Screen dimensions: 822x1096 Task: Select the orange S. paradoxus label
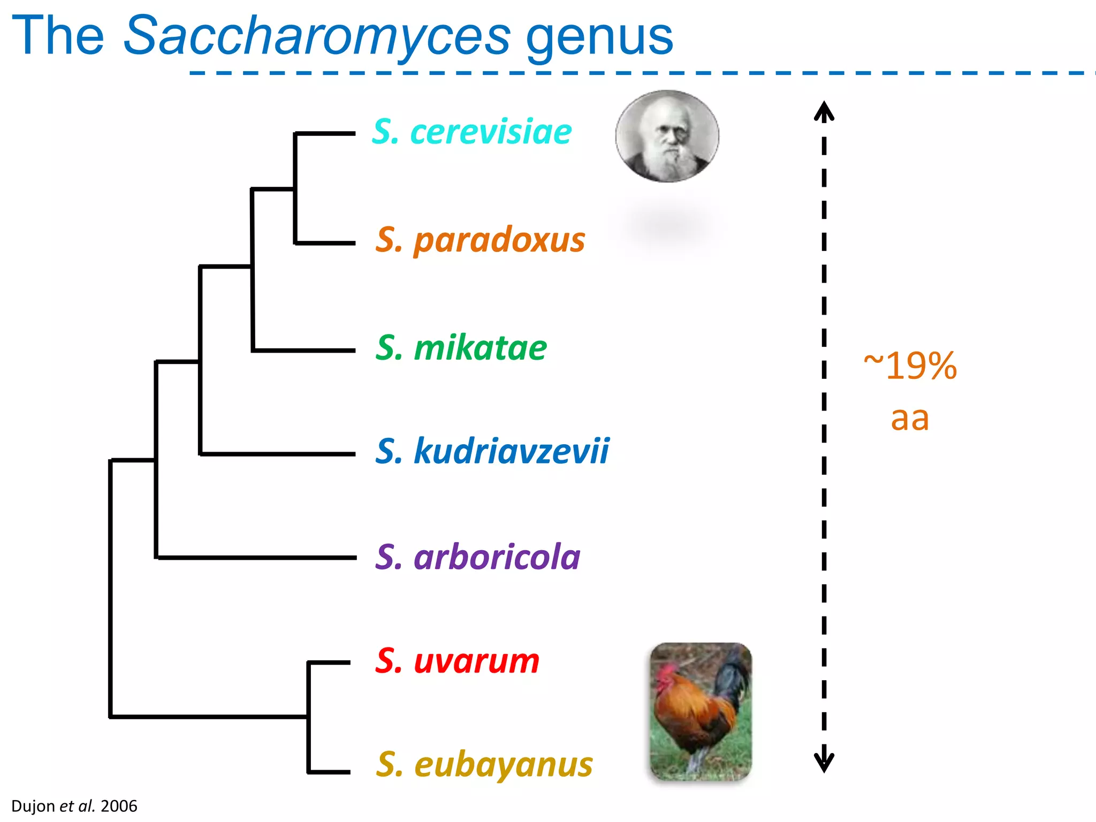[x=480, y=240]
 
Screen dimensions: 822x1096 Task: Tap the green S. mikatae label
[x=461, y=348]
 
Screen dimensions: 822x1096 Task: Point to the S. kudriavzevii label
[x=492, y=451]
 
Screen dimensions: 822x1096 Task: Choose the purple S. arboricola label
[x=478, y=557]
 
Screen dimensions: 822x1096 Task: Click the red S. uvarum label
[x=458, y=661]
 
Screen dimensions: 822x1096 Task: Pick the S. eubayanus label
[x=484, y=764]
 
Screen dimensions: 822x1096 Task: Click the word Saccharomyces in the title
[x=317, y=36]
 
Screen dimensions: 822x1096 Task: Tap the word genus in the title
[x=599, y=36]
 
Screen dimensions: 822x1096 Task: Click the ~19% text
[x=910, y=367]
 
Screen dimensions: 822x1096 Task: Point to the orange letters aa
[x=910, y=418]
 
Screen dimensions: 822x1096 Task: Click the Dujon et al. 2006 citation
[x=74, y=806]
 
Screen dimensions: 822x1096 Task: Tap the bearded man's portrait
[x=667, y=136]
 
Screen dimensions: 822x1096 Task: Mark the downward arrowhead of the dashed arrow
[x=824, y=762]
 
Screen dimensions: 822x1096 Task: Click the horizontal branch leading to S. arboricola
[x=257, y=558]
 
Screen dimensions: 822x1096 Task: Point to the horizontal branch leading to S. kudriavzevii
[x=278, y=454]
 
